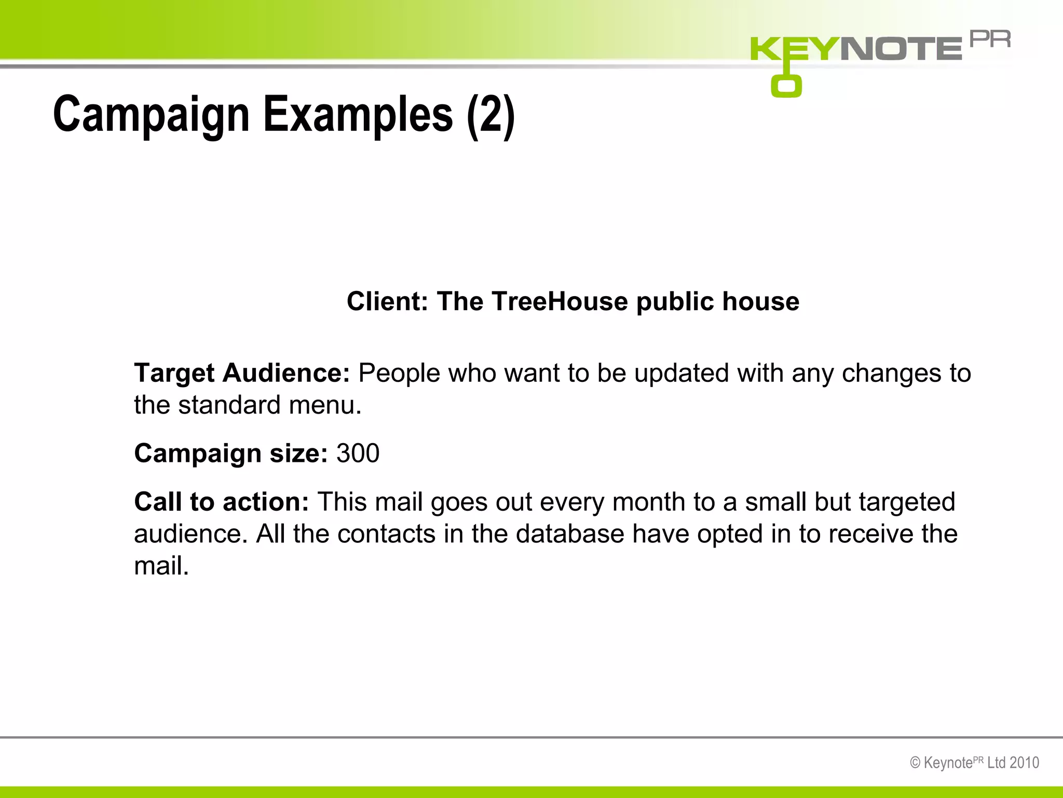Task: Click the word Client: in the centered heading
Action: click(x=387, y=301)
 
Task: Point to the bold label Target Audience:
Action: click(x=242, y=373)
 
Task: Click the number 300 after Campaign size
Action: click(x=358, y=454)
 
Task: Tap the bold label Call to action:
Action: click(x=222, y=502)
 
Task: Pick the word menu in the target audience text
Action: click(x=325, y=405)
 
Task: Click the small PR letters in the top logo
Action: click(x=990, y=39)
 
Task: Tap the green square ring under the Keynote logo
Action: click(x=786, y=86)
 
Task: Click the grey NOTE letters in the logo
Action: click(x=901, y=49)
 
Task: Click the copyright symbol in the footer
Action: click(x=916, y=763)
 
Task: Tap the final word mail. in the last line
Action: click(x=161, y=566)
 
